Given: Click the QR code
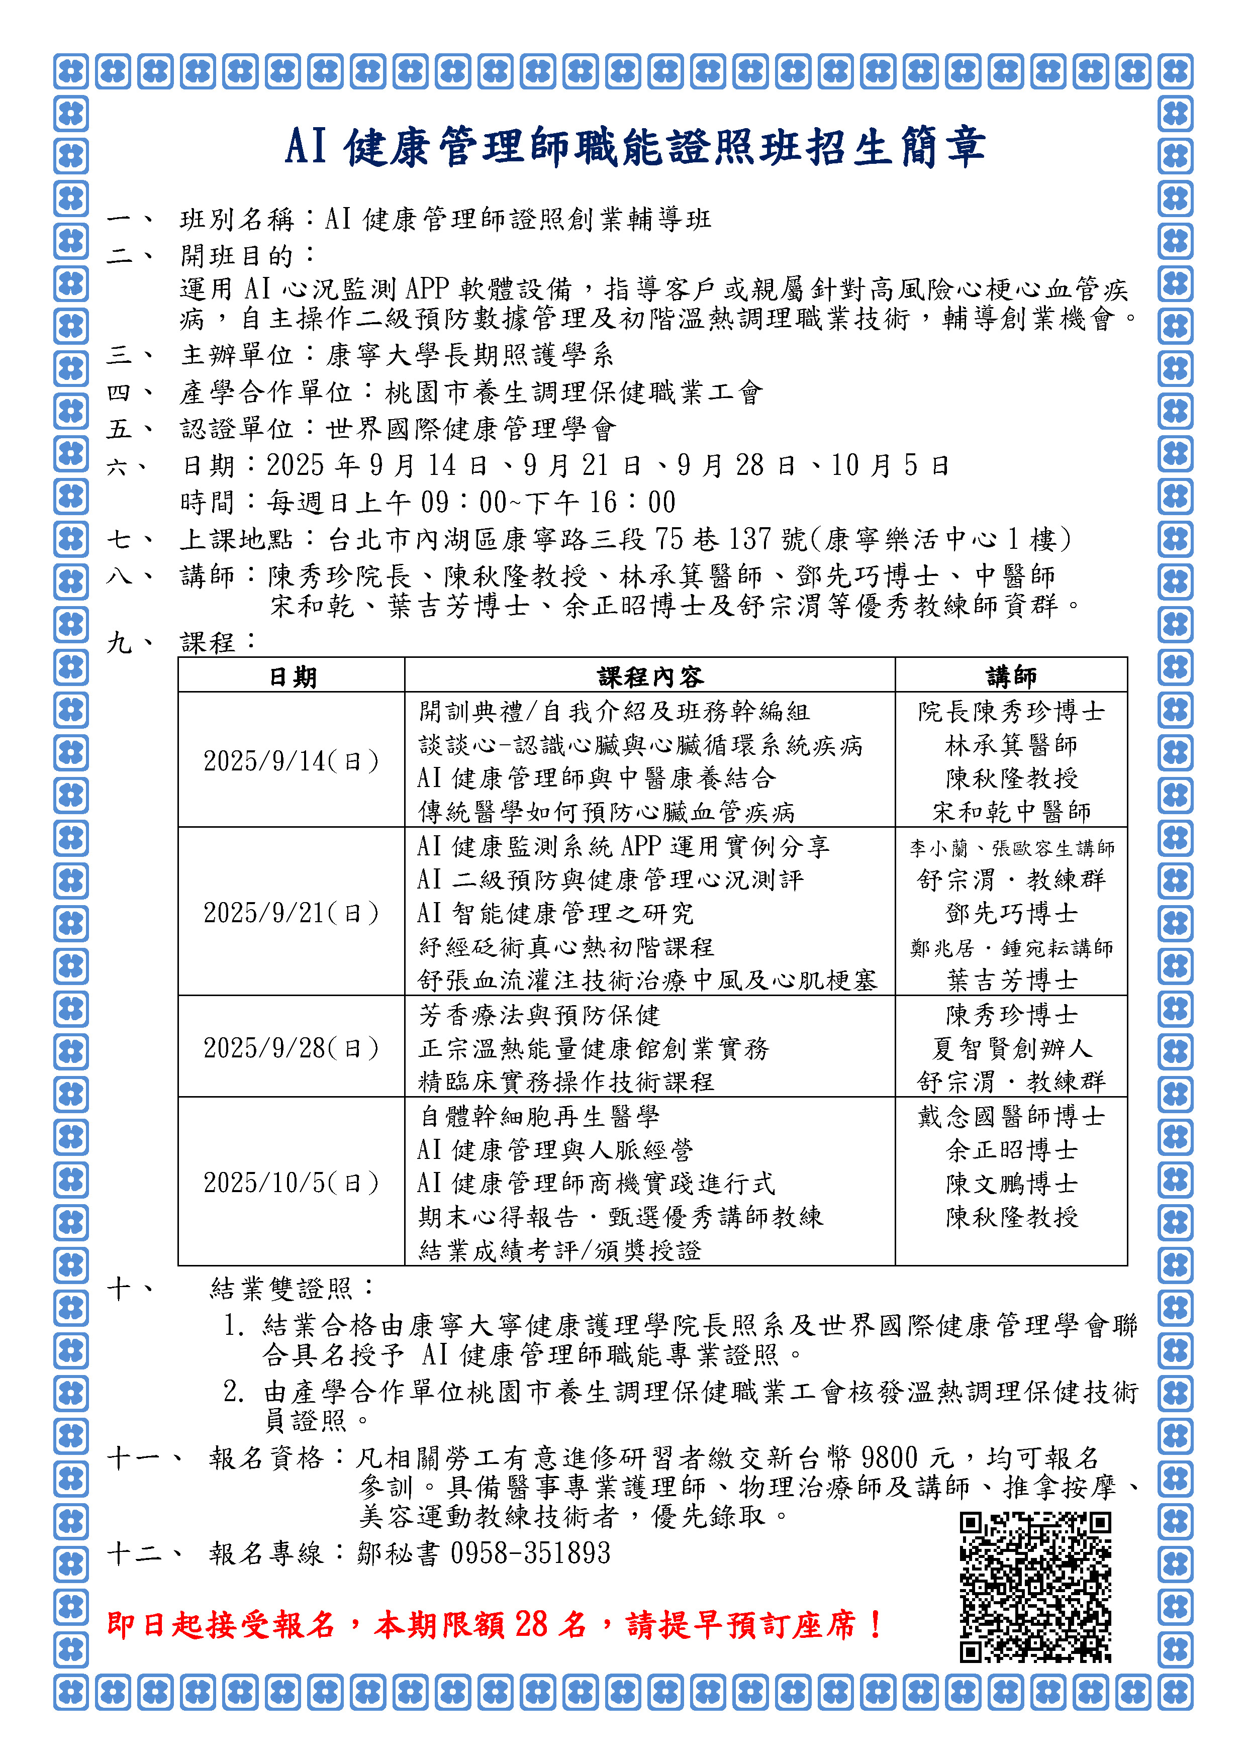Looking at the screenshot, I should (x=1034, y=1587).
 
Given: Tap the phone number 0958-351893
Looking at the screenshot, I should (x=530, y=1553).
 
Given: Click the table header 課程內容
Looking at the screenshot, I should (x=649, y=676).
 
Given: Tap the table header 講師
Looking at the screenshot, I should (x=1011, y=676).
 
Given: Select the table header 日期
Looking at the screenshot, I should (x=292, y=676).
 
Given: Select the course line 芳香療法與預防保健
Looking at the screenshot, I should (x=539, y=1015).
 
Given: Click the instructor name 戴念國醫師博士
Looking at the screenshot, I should (x=1011, y=1116).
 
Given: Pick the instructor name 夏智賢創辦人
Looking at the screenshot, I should (x=1011, y=1048).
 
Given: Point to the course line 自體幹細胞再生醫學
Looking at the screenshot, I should (x=539, y=1116).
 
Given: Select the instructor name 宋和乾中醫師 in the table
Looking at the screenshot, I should (x=1011, y=812).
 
